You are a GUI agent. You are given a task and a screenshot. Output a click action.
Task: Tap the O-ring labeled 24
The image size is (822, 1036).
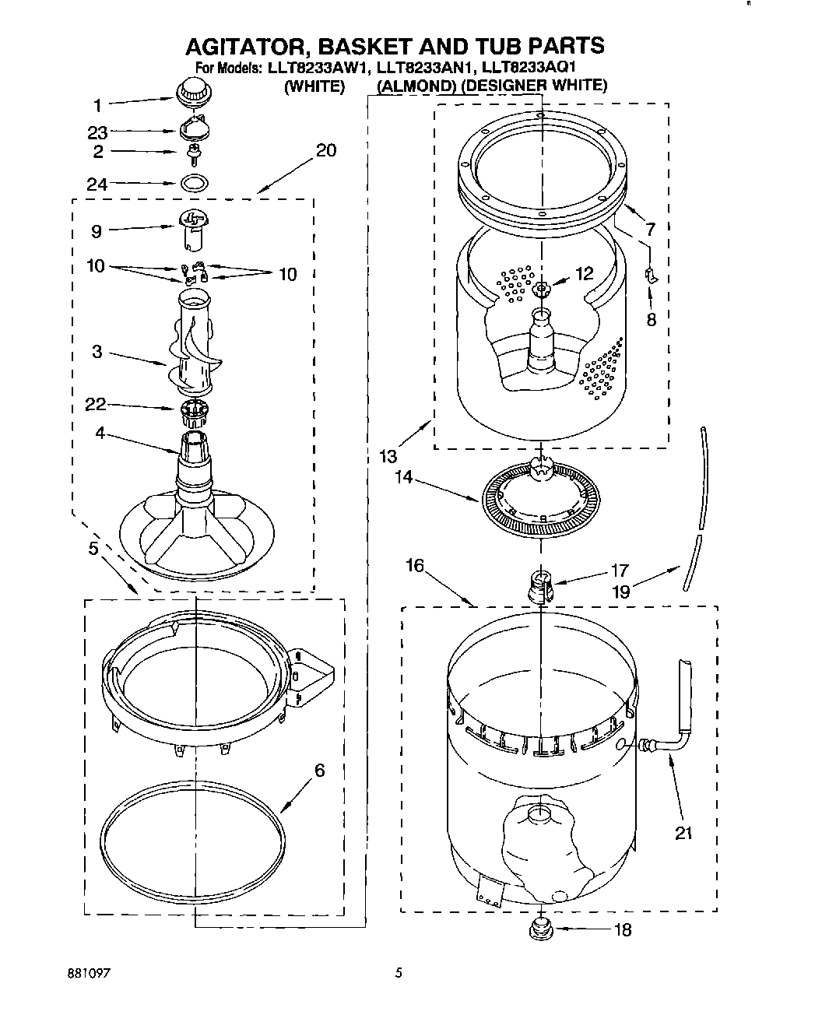(195, 184)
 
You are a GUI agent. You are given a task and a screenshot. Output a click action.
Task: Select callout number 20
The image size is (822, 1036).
(326, 150)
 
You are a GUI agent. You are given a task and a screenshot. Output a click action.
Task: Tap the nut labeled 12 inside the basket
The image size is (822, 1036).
(542, 290)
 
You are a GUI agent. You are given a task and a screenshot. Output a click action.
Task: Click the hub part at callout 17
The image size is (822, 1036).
(539, 584)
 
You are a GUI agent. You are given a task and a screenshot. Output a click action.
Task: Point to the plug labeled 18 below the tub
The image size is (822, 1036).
(540, 928)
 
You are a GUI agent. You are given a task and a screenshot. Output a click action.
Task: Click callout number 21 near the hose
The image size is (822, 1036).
(683, 834)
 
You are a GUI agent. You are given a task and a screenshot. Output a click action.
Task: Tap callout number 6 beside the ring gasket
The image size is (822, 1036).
(319, 771)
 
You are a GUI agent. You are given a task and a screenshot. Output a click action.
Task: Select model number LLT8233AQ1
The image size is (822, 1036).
(529, 68)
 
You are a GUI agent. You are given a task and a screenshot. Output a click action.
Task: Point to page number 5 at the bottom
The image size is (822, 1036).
(399, 972)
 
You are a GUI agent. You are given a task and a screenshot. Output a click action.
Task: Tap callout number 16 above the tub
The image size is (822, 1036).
(415, 564)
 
